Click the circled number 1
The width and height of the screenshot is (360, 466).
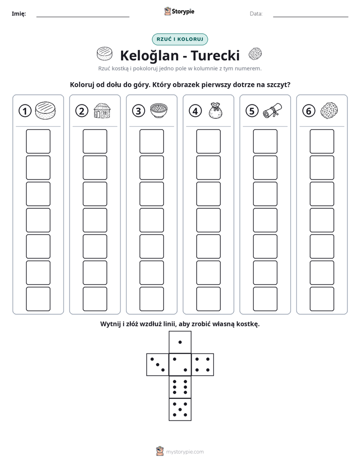pos(25,111)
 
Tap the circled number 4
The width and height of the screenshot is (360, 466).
pos(195,111)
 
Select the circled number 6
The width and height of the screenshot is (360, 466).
pos(309,111)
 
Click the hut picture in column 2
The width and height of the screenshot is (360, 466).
pos(102,110)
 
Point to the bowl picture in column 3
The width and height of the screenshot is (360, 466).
pos(159,110)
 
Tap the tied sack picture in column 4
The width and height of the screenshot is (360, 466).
pos(215,110)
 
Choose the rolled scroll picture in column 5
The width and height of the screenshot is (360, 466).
pos(272,110)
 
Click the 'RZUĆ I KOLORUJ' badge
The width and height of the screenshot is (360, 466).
pos(180,39)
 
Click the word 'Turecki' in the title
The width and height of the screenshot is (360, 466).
pos(215,55)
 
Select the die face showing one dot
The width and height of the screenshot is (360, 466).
pos(180,342)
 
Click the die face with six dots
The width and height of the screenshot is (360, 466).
pos(180,387)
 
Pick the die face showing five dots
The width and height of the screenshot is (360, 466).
pos(180,409)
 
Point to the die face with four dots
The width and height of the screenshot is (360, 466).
pos(203,365)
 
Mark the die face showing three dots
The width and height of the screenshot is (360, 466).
pos(158,365)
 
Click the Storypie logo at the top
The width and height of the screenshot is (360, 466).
pos(179,12)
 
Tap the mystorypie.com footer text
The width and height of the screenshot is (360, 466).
pos(185,452)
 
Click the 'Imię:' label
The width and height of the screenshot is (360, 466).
pos(19,14)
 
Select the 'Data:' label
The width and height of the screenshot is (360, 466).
pos(256,14)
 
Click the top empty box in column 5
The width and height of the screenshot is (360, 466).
pos(265,141)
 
